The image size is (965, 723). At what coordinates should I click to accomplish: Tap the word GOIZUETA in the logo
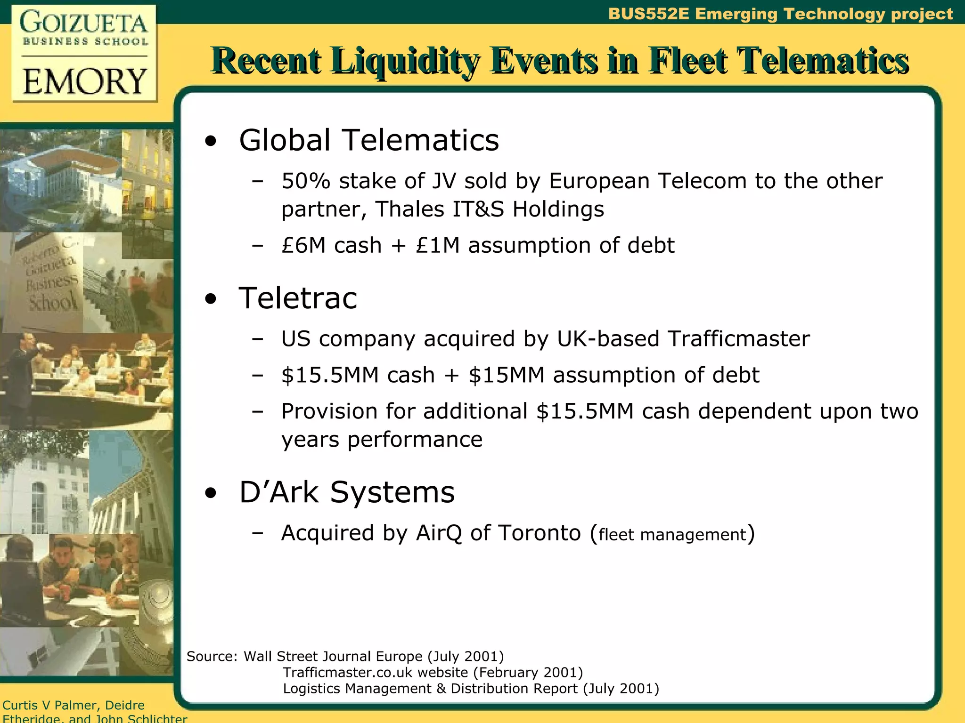(84, 23)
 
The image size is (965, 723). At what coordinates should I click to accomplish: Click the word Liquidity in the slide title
(405, 61)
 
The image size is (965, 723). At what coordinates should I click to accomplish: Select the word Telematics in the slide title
(822, 61)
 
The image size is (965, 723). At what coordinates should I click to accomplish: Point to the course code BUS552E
(648, 14)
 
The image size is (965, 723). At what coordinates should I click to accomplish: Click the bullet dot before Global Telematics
(211, 141)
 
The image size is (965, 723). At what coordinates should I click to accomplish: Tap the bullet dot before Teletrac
(211, 299)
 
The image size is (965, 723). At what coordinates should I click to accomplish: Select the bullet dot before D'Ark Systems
(211, 493)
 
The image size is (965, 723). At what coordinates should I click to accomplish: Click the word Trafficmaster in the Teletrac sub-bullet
(738, 339)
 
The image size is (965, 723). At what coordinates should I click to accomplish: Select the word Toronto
(540, 533)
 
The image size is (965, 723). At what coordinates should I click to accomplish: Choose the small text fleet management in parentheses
(672, 535)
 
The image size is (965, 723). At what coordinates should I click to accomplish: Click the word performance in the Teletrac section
(415, 440)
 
